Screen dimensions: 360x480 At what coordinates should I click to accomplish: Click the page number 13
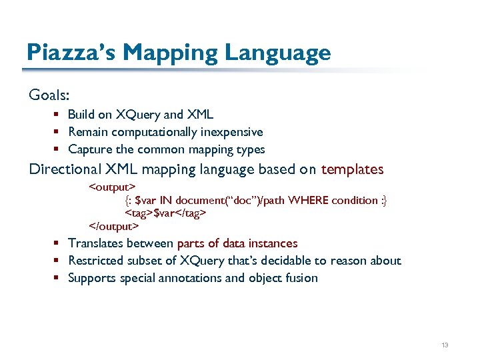(445, 345)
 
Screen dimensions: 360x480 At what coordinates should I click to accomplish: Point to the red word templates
(353, 169)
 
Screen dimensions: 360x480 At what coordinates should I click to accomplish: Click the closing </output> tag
(114, 226)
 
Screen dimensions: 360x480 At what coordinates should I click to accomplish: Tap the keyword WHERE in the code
(307, 199)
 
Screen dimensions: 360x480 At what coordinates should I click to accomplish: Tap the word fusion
(301, 278)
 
